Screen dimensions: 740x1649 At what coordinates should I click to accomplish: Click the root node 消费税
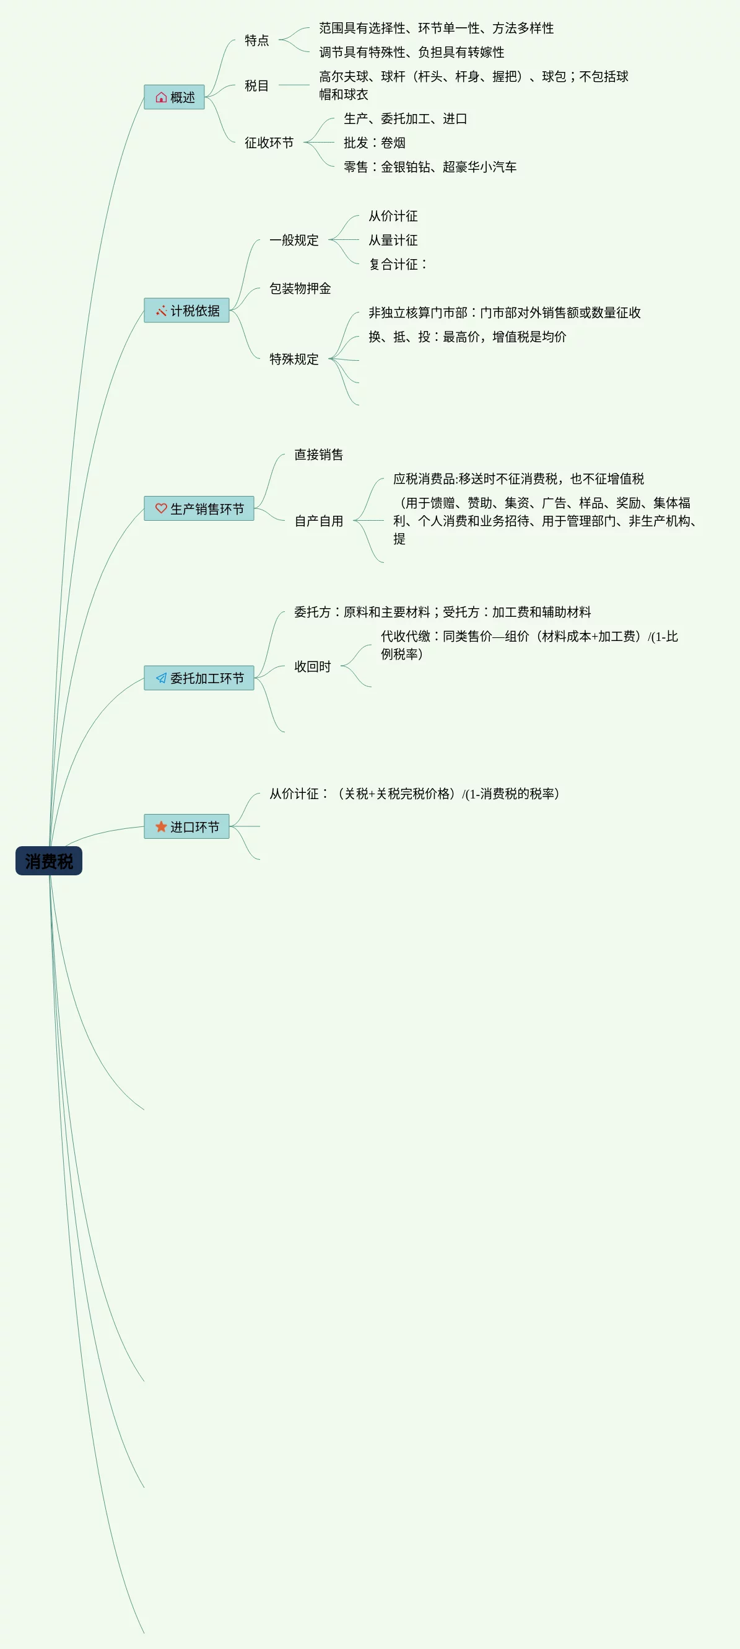[x=48, y=861]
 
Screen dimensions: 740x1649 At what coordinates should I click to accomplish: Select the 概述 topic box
[x=174, y=97]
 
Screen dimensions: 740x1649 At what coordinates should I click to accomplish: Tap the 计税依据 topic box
[x=186, y=311]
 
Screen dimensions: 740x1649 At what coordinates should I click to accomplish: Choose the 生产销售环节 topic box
[x=199, y=508]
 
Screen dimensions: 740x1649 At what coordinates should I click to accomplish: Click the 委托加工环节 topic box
[x=199, y=678]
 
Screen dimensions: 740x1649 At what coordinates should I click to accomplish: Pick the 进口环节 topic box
[x=186, y=826]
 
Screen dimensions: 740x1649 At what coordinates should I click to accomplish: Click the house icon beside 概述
[x=161, y=97]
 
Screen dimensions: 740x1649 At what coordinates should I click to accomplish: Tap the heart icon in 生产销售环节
[x=161, y=508]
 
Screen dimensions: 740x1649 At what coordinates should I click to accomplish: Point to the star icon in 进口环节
[x=161, y=826]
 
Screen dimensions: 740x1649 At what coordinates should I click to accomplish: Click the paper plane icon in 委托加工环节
[x=161, y=678]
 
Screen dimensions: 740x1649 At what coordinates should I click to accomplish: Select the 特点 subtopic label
[x=256, y=40]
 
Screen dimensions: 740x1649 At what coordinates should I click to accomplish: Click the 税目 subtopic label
[x=256, y=86]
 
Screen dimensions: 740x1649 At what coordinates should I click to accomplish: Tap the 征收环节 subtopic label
[x=269, y=143]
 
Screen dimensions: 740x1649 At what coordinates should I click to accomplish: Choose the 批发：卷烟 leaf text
[x=374, y=143]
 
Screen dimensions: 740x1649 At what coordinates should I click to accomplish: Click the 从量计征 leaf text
[x=393, y=240]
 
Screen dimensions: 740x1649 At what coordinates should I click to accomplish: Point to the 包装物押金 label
[x=300, y=289]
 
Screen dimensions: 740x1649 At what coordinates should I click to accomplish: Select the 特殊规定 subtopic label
[x=294, y=359]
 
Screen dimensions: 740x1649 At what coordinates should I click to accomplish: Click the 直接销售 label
[x=318, y=454]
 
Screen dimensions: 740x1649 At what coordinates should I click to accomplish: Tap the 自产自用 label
[x=318, y=521]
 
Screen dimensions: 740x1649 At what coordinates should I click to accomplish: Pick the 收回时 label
[x=312, y=666]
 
